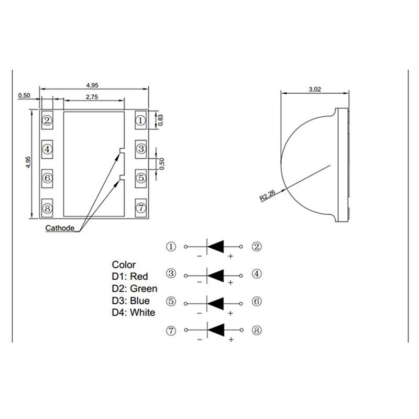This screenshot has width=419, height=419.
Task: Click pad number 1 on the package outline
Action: pos(140,120)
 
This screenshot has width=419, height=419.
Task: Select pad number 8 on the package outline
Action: pos(47,208)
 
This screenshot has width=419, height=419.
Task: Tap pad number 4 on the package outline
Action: pos(47,149)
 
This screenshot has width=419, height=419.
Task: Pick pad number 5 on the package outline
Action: pos(140,178)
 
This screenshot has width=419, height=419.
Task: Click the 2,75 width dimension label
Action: pos(92,97)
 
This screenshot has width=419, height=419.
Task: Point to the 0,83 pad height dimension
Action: pos(161,120)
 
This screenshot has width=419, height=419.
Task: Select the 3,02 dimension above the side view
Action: pos(315,89)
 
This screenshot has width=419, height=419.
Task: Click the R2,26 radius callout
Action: pos(268,195)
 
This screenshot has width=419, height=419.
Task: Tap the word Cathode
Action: pos(60,228)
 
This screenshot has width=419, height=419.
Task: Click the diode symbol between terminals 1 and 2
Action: pos(215,246)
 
